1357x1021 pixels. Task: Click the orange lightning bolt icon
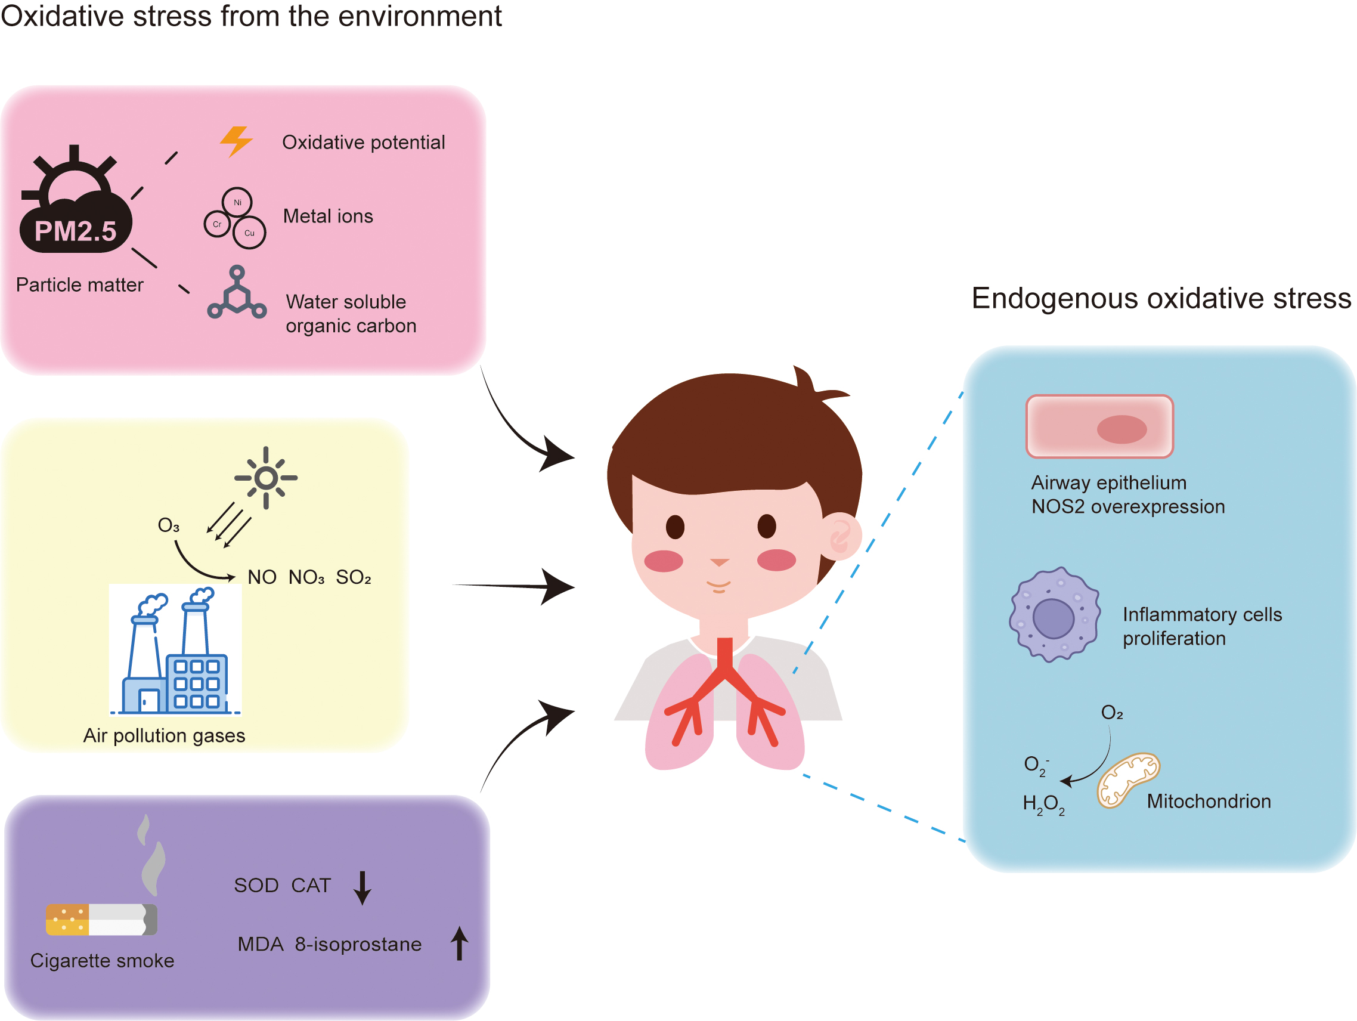(236, 142)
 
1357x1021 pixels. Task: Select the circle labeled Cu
(250, 233)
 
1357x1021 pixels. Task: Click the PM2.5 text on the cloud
(76, 232)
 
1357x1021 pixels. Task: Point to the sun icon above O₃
(266, 478)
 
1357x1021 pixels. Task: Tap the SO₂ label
(354, 577)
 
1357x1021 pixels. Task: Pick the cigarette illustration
(102, 919)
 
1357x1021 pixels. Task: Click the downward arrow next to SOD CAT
(363, 888)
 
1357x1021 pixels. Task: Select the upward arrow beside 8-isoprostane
(460, 943)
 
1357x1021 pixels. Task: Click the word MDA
(260, 944)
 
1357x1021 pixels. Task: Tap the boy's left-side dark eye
(675, 527)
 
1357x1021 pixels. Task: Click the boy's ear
(840, 536)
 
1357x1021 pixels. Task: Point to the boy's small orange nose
(719, 562)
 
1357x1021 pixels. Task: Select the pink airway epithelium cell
(1099, 426)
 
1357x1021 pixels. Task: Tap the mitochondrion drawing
(1127, 779)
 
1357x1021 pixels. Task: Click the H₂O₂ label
(1043, 804)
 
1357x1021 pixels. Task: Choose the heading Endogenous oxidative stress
(1161, 299)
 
